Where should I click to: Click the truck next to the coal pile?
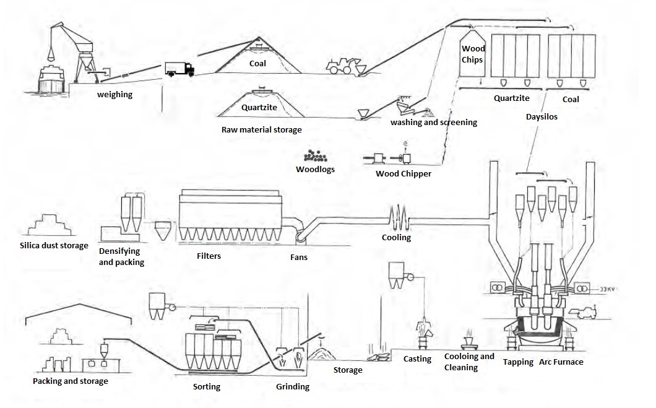(179, 69)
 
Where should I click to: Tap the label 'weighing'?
(114, 95)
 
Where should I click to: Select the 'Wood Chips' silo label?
(473, 54)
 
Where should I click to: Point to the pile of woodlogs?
(316, 157)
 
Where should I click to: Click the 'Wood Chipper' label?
(404, 173)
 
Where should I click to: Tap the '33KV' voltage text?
(608, 289)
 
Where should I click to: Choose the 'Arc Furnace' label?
(561, 362)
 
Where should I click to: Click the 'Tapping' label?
(518, 362)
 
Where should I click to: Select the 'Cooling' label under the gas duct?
(396, 237)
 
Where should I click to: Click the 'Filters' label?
(209, 256)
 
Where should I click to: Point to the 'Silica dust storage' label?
(54, 246)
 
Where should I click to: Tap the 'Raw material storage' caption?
(262, 130)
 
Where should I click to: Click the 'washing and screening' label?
(433, 123)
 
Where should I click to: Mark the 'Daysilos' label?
(542, 116)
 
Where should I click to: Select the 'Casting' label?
(417, 359)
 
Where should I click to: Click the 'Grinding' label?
(292, 387)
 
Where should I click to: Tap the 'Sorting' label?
(206, 387)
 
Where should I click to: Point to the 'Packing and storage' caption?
(71, 381)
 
